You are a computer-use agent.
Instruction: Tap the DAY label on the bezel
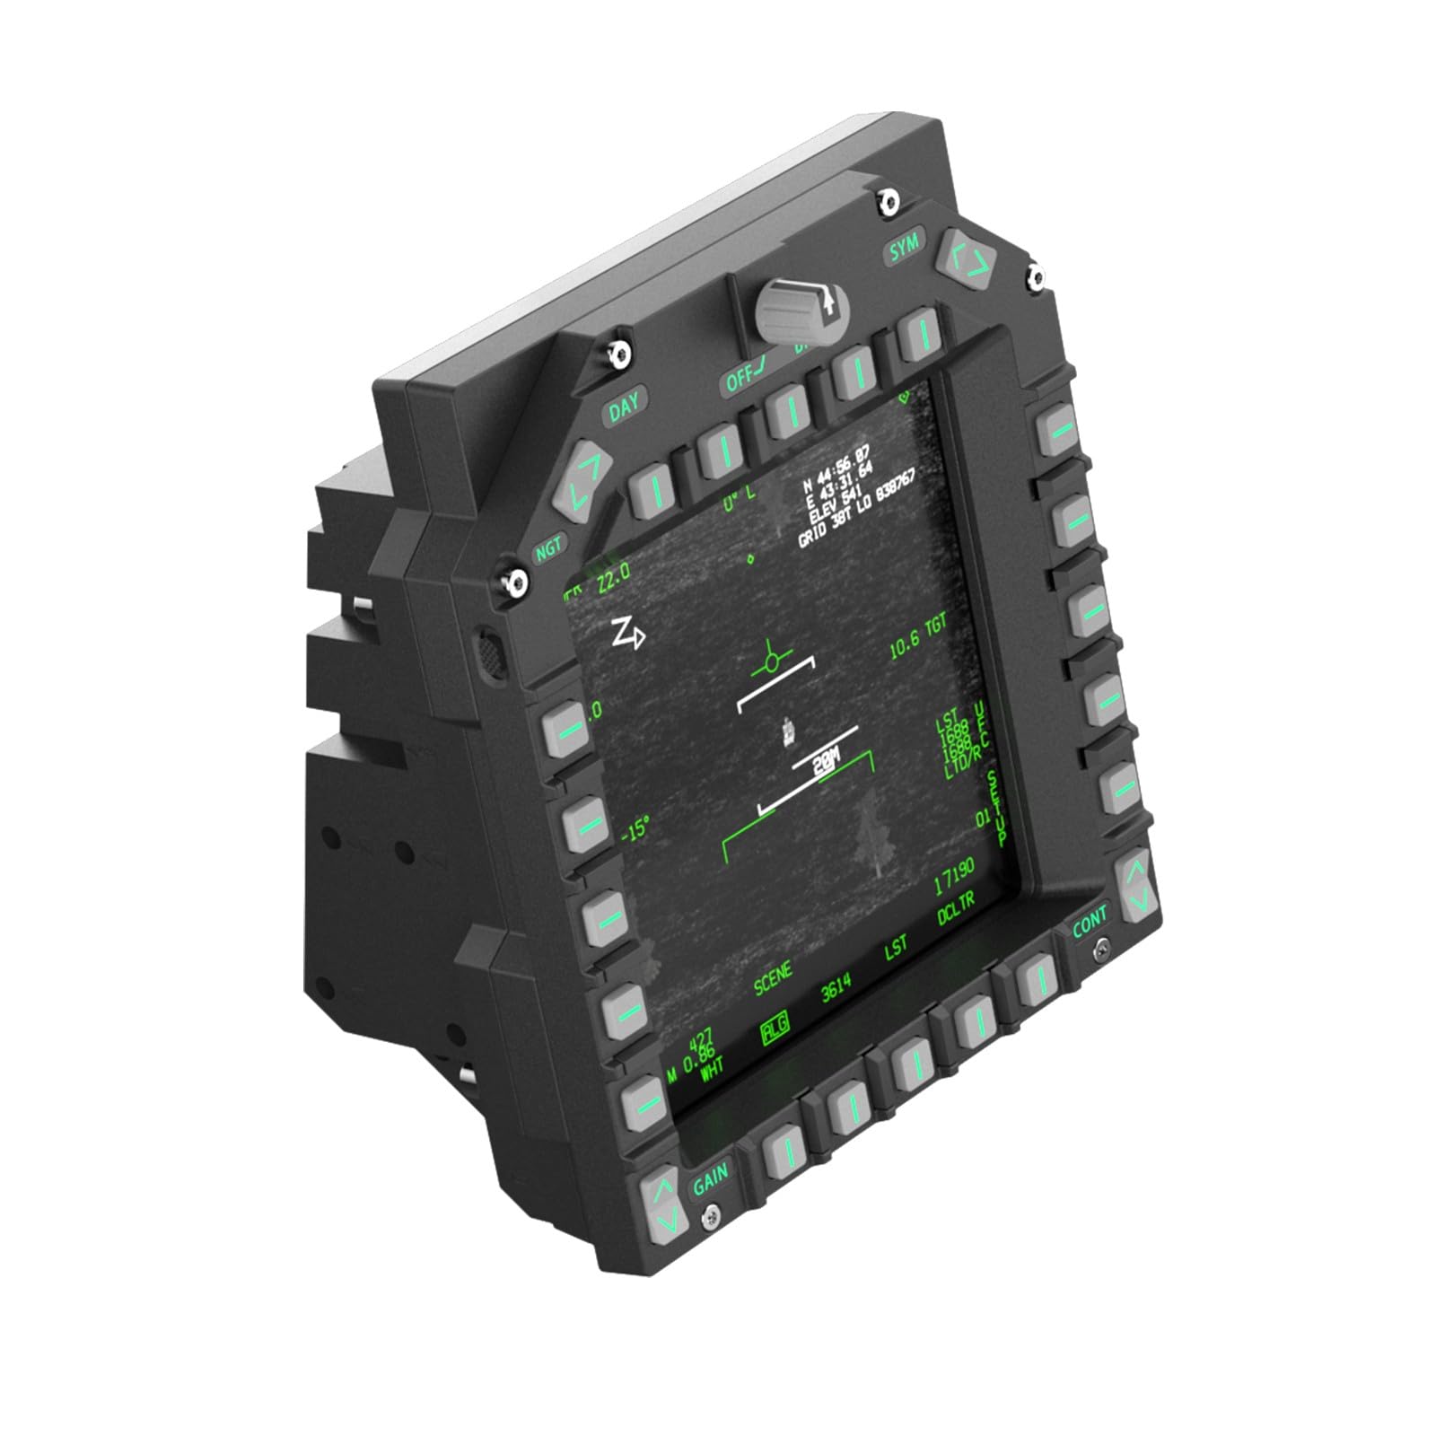tap(625, 407)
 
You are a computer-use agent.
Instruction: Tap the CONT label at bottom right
tap(1090, 922)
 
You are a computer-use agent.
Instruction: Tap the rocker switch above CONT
tap(1136, 883)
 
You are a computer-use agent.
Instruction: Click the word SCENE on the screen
tap(773, 977)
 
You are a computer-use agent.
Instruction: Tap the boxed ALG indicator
tap(773, 1030)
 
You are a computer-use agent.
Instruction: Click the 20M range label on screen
tap(825, 762)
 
